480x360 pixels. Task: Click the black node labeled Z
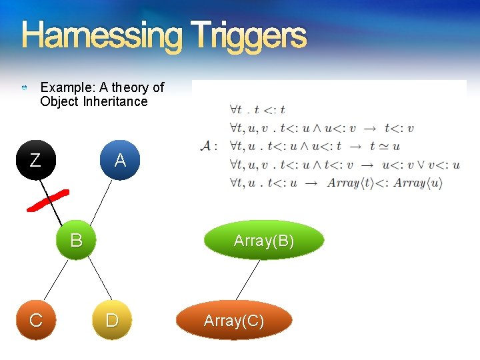(35, 160)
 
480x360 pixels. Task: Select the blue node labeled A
(120, 160)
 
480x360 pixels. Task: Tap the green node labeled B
(77, 240)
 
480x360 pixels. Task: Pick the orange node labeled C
(36, 320)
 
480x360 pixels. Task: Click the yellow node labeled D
(112, 320)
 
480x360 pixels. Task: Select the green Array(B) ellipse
(263, 240)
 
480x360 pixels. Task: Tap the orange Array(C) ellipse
(234, 321)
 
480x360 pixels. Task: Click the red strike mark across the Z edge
(47, 200)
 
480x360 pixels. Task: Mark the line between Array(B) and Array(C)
(248, 280)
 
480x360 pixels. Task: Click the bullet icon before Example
(25, 88)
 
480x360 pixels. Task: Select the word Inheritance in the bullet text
(115, 102)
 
